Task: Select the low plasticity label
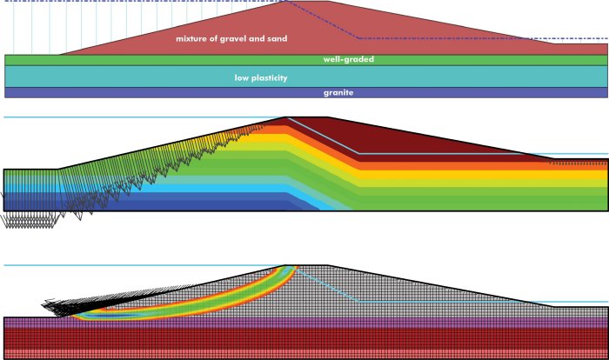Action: (x=261, y=78)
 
